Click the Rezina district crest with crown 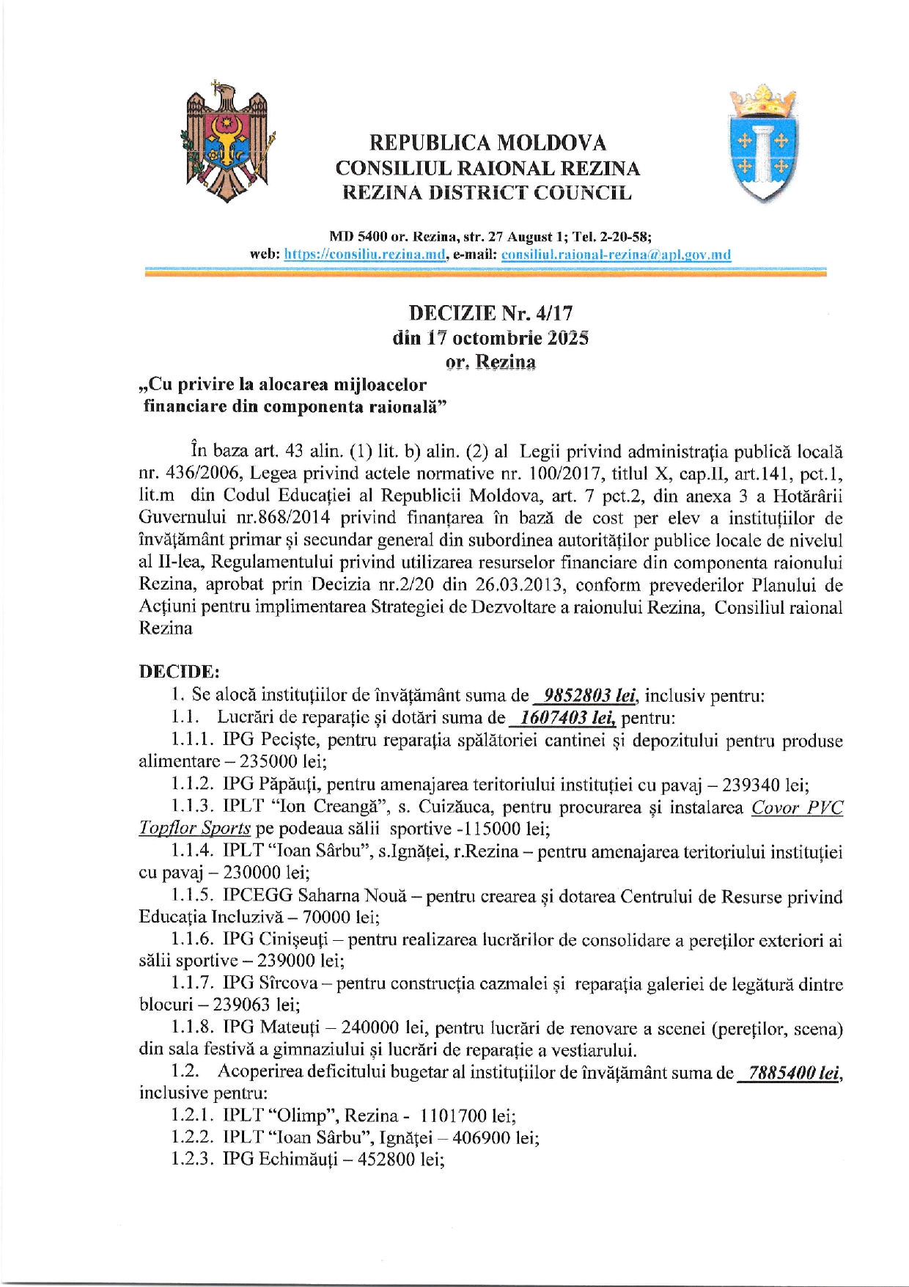click(x=762, y=144)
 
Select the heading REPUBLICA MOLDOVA click(x=487, y=142)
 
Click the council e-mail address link click(x=616, y=254)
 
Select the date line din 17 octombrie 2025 click(x=490, y=338)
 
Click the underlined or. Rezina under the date click(x=490, y=362)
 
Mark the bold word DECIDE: click(x=179, y=672)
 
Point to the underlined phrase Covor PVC click(x=797, y=807)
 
